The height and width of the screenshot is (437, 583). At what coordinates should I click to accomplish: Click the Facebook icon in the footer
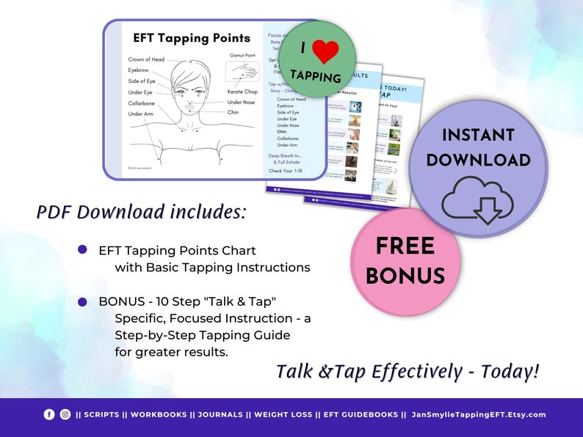[49, 414]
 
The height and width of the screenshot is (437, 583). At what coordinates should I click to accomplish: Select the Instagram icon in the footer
[65, 414]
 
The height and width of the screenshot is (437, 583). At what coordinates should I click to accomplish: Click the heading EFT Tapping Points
[191, 38]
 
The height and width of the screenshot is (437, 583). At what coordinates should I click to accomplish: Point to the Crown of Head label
[146, 59]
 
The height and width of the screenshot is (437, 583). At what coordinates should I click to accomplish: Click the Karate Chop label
[242, 92]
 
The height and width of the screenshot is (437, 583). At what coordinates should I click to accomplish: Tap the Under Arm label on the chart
[141, 114]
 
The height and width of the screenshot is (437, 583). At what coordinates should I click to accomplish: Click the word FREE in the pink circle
[405, 246]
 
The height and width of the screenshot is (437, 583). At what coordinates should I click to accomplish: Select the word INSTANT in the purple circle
[478, 134]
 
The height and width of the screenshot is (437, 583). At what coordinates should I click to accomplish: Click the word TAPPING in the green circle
[316, 76]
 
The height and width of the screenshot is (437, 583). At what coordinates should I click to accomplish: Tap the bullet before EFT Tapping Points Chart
[82, 250]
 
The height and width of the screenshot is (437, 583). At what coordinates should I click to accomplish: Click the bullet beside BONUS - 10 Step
[82, 301]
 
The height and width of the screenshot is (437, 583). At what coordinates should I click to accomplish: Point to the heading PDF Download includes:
[142, 212]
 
